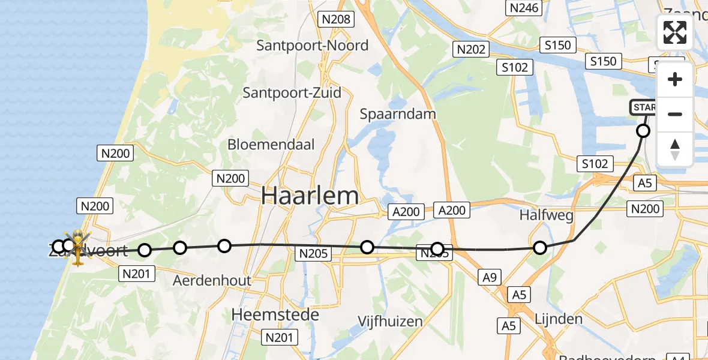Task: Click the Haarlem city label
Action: pyautogui.click(x=310, y=196)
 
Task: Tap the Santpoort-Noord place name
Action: pyautogui.click(x=313, y=45)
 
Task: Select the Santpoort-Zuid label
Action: pyautogui.click(x=292, y=92)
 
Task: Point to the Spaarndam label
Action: pyautogui.click(x=398, y=113)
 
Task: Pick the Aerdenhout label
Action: pyautogui.click(x=212, y=280)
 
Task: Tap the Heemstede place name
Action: pyautogui.click(x=275, y=314)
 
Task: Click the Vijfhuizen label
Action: pyautogui.click(x=391, y=321)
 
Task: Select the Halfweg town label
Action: pyautogui.click(x=547, y=215)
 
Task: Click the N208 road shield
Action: pyautogui.click(x=336, y=19)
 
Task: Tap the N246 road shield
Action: pyautogui.click(x=524, y=8)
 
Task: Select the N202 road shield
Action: pyautogui.click(x=471, y=49)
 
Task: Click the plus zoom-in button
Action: pyautogui.click(x=675, y=79)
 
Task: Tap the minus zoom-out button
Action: pyautogui.click(x=675, y=114)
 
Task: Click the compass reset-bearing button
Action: pyautogui.click(x=675, y=149)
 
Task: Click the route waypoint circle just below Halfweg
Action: pyautogui.click(x=540, y=248)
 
